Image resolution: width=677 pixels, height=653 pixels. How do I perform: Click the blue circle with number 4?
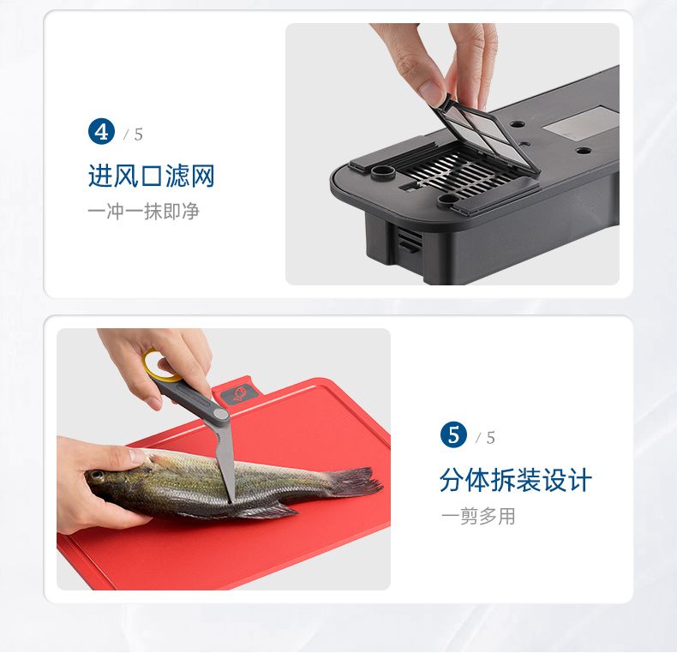101,132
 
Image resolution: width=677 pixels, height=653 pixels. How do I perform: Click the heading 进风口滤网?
151,176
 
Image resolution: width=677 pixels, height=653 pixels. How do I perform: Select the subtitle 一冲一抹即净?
143,212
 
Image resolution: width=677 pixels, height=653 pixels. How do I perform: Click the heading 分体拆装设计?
516,480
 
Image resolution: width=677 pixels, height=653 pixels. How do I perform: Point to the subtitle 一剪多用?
478,516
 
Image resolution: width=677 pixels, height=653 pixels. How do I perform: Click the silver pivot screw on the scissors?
221,415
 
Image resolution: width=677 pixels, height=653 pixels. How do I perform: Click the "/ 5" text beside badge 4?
134,135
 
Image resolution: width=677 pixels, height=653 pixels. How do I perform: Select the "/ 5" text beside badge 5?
485,438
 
